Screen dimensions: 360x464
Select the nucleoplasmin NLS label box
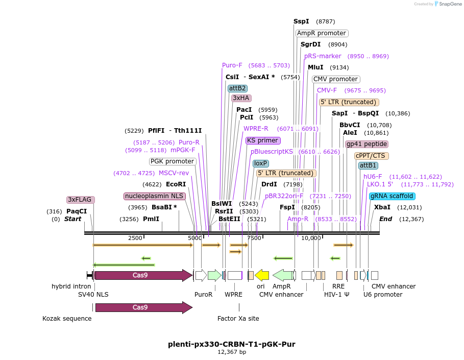coord(155,196)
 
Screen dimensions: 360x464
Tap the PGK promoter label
coord(173,161)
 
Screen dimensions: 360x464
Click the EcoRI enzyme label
coord(176,184)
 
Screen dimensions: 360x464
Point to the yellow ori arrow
coord(262,275)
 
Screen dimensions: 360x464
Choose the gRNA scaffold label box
coord(392,196)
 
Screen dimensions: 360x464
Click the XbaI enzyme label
coord(382,207)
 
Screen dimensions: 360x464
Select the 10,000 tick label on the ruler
coord(311,238)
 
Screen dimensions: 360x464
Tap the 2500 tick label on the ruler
coord(135,238)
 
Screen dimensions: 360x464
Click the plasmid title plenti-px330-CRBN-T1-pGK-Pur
coord(232,344)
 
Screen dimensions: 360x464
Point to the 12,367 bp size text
coord(232,352)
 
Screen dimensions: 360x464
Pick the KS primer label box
coord(263,140)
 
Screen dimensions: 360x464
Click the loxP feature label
coord(260,163)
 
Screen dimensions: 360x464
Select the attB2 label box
coord(237,88)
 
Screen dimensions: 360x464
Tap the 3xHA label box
coord(241,98)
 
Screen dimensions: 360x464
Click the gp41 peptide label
coord(367,145)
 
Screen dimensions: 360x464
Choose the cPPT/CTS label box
coord(372,156)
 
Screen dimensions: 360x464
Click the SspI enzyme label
coord(301,21)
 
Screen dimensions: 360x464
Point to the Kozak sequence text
coord(67,319)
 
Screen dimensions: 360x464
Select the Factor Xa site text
coord(238,319)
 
